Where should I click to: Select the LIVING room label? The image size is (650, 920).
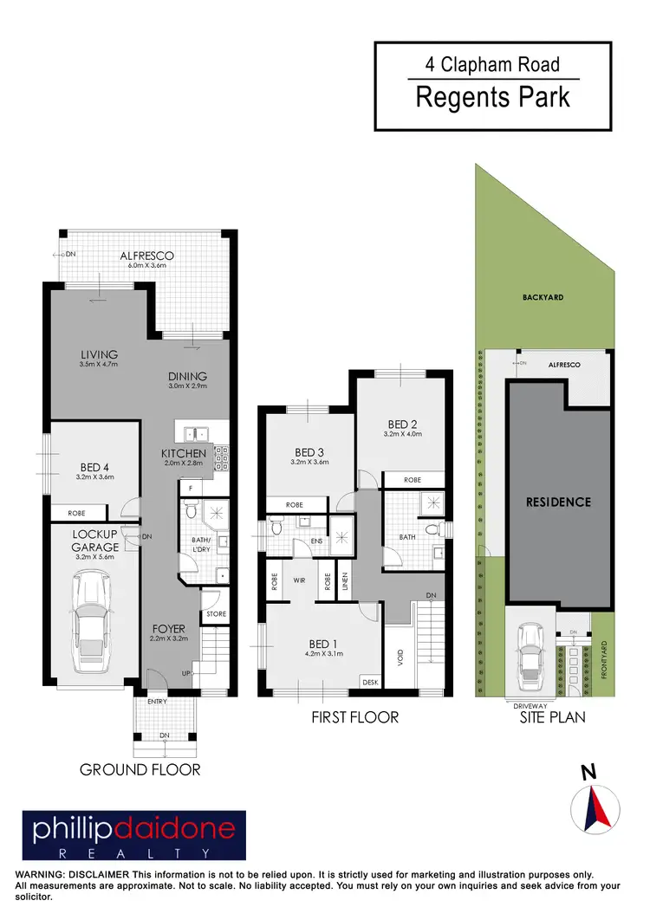tap(99, 354)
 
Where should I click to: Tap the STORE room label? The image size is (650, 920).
tap(217, 614)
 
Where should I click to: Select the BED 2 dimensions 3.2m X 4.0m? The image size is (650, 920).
tap(403, 435)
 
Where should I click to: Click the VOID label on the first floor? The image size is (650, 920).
tap(400, 658)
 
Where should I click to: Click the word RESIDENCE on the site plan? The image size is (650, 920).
tap(558, 502)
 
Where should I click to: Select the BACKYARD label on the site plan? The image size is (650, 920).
tap(543, 297)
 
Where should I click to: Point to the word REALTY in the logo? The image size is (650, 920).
tap(133, 853)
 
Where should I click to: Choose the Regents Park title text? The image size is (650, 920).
tap(493, 97)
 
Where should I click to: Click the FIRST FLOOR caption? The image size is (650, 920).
tap(354, 717)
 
